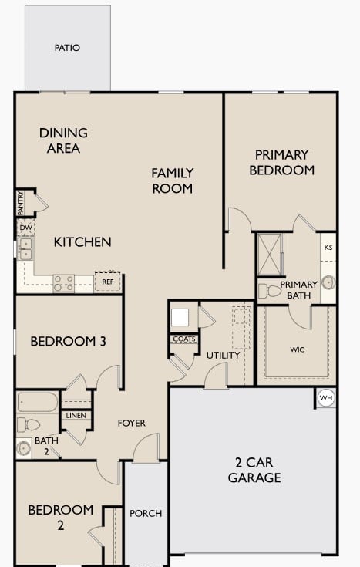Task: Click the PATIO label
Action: [67, 48]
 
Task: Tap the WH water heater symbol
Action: [325, 398]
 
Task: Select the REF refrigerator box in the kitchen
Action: [107, 282]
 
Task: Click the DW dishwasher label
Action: [25, 228]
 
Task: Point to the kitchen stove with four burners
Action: [63, 283]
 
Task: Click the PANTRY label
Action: [21, 203]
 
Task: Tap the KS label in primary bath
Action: [328, 248]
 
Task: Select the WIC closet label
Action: [297, 349]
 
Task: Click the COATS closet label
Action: [183, 339]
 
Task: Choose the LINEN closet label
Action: [76, 416]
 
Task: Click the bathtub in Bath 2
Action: [37, 403]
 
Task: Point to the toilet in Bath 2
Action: [29, 424]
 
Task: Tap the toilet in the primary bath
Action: [271, 291]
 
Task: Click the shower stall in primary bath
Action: [271, 254]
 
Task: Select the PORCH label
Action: [145, 513]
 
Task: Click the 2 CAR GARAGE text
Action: [254, 470]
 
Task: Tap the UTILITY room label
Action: [223, 356]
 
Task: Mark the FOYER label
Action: [131, 423]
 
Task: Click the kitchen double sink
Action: [25, 248]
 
